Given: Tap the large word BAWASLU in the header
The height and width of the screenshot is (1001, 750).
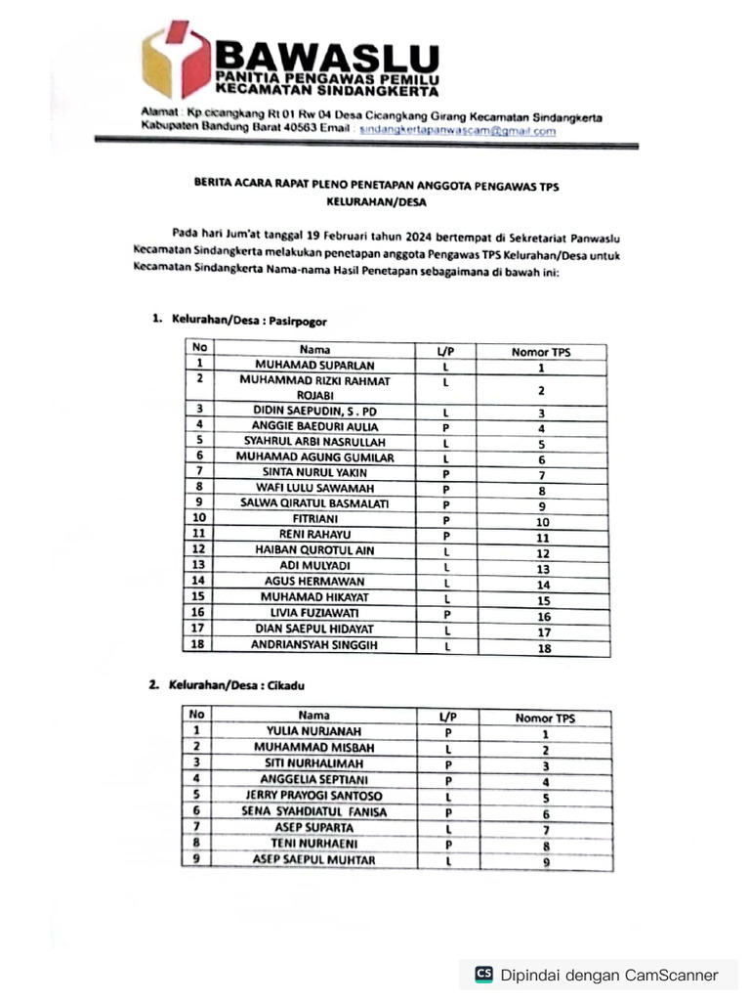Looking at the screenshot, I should pyautogui.click(x=327, y=55).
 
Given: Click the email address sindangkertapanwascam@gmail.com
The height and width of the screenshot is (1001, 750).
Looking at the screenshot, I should pyautogui.click(x=451, y=130).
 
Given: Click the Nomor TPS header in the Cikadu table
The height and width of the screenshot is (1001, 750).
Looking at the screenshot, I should pyautogui.click(x=545, y=718).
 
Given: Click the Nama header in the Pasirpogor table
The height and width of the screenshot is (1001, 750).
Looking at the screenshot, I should pyautogui.click(x=314, y=349).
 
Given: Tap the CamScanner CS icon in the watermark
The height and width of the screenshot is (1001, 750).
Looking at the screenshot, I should pyautogui.click(x=483, y=974).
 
